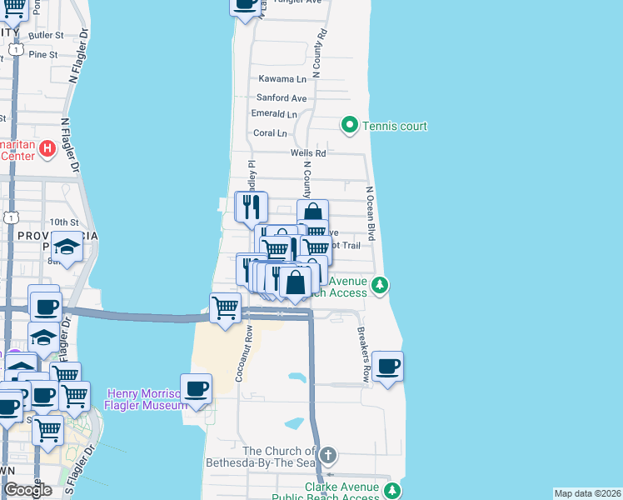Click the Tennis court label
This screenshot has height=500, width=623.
click(395, 126)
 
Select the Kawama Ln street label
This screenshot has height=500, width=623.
click(282, 79)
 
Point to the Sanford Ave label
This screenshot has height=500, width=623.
click(281, 98)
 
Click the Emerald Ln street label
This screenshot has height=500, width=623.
click(274, 114)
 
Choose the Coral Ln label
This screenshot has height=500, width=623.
click(270, 132)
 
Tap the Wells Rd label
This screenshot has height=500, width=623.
click(308, 153)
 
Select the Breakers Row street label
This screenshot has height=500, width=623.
click(363, 353)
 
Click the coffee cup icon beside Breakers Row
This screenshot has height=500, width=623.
click(387, 365)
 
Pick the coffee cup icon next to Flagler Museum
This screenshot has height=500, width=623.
click(196, 387)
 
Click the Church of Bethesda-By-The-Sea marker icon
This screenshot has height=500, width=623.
click(329, 455)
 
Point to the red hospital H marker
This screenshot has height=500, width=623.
click(47, 149)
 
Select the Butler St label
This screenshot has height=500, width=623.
click(46, 35)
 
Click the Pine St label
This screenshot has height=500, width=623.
click(42, 54)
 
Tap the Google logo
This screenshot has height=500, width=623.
click(27, 490)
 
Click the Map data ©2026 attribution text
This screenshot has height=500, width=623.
click(587, 493)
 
